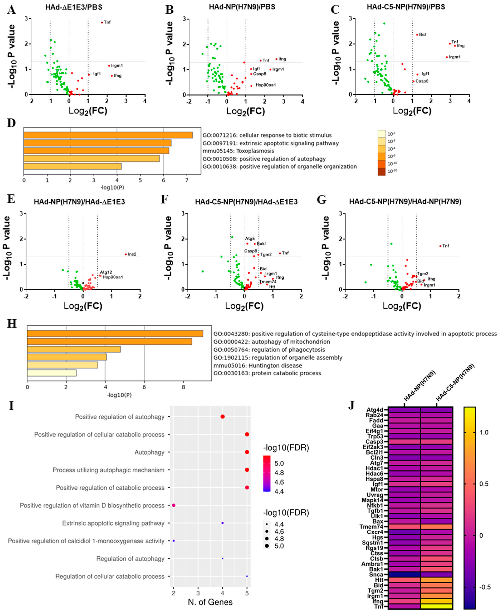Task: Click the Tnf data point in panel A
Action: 102,22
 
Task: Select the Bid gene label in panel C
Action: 422,35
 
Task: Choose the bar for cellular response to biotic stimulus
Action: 108,135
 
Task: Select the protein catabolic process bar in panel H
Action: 52,373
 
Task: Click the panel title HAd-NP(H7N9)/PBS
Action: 242,7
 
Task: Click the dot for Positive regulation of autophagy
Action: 222,417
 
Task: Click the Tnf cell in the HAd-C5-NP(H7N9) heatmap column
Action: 436,607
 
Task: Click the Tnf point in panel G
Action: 440,246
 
